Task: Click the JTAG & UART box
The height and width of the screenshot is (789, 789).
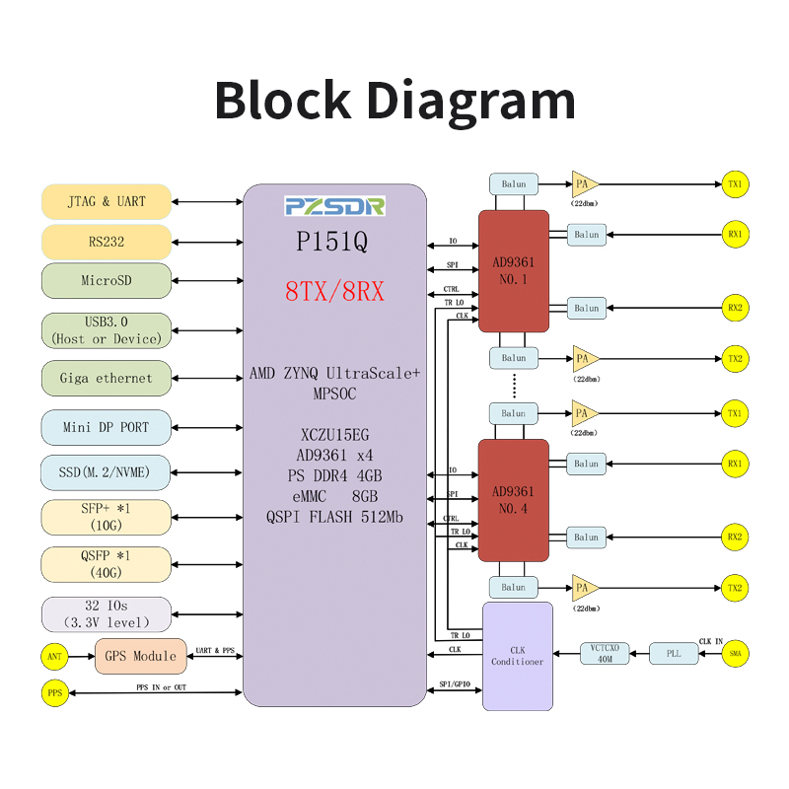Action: pos(107,201)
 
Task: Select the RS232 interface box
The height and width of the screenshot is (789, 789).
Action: pos(107,242)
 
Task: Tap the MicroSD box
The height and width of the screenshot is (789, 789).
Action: pos(107,280)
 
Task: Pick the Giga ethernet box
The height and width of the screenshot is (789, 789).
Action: pos(107,378)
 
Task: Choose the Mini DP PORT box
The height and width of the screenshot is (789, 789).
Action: pos(107,427)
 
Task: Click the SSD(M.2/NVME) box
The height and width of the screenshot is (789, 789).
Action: pos(107,471)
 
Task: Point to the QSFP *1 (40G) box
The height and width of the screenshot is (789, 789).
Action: pos(107,564)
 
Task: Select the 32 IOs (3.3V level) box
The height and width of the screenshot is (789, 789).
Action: pos(107,613)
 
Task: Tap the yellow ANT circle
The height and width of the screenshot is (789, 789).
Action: pos(54,656)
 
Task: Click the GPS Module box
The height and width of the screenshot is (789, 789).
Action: pos(139,656)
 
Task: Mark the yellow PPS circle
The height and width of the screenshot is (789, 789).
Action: pos(54,693)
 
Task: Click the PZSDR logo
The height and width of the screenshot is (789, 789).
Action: pos(335,206)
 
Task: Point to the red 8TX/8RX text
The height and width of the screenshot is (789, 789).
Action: pos(335,292)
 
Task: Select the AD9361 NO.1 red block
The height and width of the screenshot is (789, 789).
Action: pos(513,271)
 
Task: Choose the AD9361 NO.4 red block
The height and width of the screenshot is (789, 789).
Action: pos(513,500)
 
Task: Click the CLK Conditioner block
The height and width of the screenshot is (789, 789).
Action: pos(518,656)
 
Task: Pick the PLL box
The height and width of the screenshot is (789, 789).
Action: pos(674,653)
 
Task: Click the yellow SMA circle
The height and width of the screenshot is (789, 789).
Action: pos(735,653)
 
